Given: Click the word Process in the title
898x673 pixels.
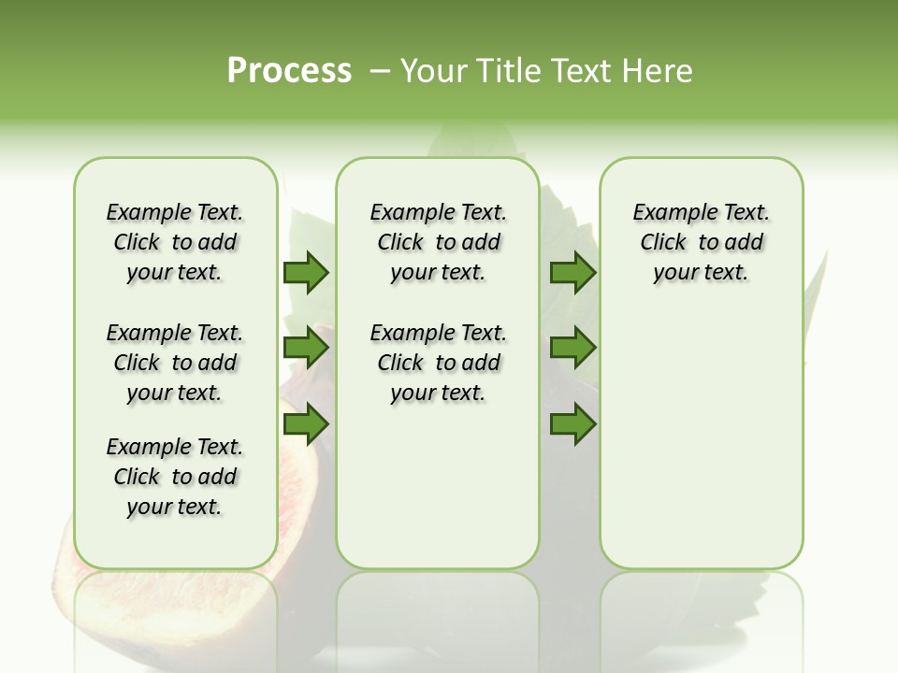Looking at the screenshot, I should [289, 71].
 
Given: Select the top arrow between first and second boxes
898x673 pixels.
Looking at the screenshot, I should [306, 272].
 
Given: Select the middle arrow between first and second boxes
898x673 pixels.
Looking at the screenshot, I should [306, 348].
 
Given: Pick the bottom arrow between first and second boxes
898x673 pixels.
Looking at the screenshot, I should [306, 424].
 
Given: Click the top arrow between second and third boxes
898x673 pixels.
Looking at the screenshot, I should [572, 272].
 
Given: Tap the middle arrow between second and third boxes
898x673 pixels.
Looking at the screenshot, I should [572, 348].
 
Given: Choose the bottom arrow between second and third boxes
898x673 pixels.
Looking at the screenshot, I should [572, 424].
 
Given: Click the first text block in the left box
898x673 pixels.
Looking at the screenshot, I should [175, 242].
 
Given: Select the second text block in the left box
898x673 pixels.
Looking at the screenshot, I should [175, 363].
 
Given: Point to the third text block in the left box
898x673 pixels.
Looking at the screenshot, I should [175, 477].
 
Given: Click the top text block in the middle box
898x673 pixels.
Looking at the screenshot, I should [438, 242].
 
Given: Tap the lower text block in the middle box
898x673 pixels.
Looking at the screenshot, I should [438, 363].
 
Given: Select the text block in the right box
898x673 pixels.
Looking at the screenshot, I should [701, 242].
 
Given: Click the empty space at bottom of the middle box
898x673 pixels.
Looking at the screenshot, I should [438, 495].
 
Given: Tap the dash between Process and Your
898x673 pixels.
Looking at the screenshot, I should [380, 71].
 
